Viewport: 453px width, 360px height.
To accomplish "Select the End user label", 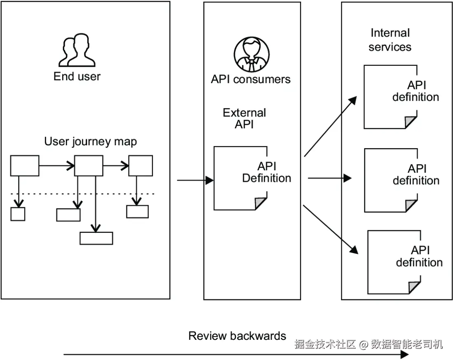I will tap(77, 76).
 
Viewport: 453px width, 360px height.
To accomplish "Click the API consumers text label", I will tap(250, 79).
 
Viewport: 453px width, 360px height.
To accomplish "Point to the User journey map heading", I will tap(90, 142).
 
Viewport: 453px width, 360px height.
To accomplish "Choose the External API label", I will tap(244, 118).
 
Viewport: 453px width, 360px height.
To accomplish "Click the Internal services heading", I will tap(390, 40).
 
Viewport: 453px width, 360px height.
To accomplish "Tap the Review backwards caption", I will tap(237, 336).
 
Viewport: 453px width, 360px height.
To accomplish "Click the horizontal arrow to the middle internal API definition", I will tap(329, 178).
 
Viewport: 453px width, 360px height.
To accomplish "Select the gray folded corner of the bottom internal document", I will tap(414, 288).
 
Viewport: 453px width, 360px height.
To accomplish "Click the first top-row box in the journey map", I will tap(25, 166).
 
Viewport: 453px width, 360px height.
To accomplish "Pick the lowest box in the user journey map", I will tap(96, 238).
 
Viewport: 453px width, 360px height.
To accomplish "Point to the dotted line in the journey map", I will tap(82, 193).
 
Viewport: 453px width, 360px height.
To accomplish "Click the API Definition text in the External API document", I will tap(266, 172).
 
